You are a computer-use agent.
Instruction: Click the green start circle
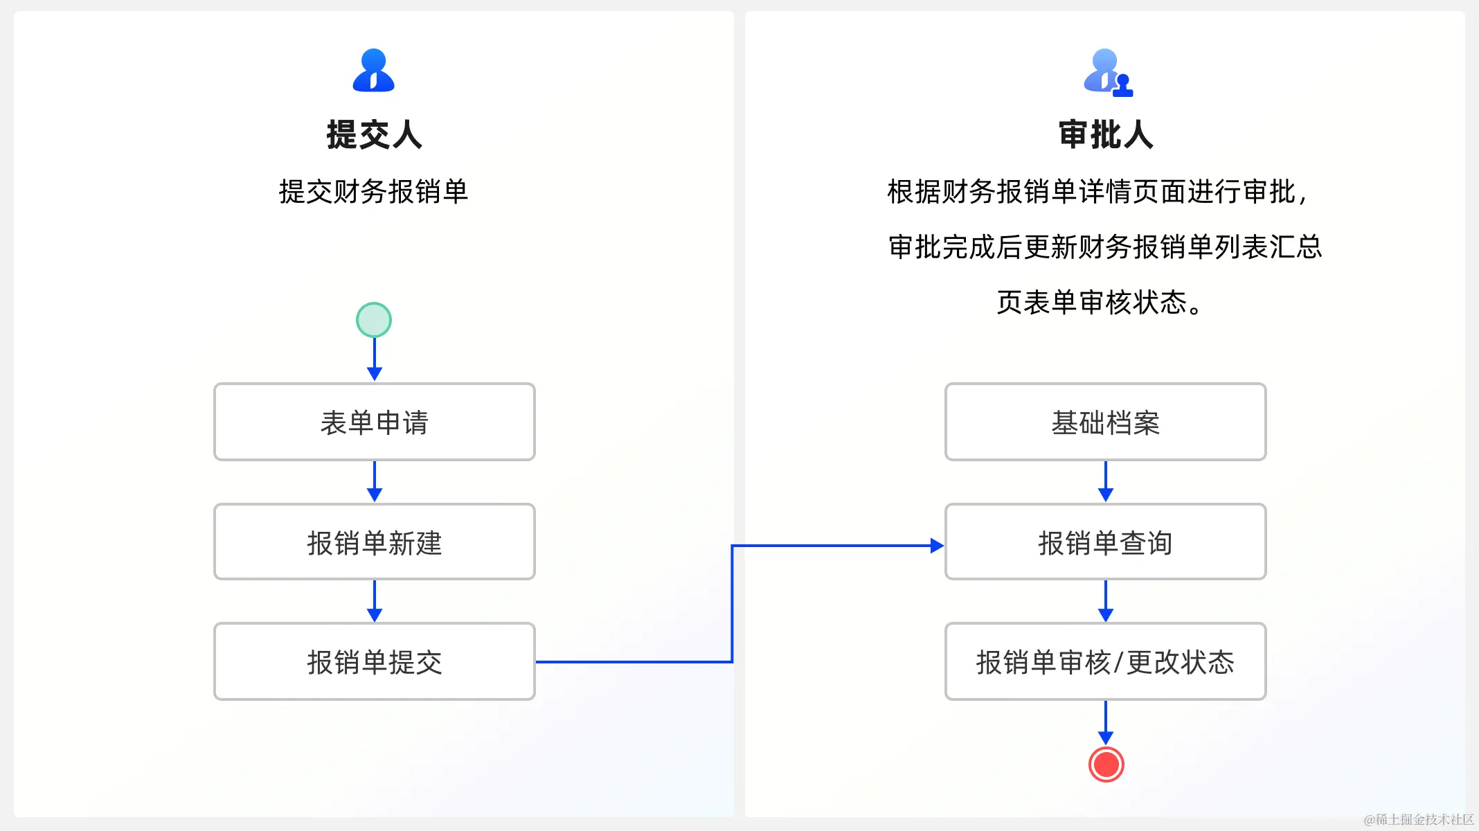pos(374,320)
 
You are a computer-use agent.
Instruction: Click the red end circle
pos(1106,765)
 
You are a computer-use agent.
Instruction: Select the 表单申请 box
pos(374,422)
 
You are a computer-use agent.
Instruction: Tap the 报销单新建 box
pos(374,542)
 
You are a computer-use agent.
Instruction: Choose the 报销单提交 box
pos(374,661)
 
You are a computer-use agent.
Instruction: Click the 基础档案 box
pos(1105,422)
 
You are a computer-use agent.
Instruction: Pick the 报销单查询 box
pos(1105,542)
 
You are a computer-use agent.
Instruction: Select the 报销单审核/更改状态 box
pos(1105,661)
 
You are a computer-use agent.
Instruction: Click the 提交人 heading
pos(374,134)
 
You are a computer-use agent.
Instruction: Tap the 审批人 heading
pos(1106,134)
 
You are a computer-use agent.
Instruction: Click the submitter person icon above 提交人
pos(374,71)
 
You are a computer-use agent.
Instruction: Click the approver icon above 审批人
pos(1107,72)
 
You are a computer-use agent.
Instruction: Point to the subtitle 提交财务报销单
pos(374,192)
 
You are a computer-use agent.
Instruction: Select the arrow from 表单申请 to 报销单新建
pos(375,482)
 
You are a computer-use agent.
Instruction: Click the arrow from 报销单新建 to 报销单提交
pos(375,601)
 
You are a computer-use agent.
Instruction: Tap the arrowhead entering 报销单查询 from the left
pos(936,546)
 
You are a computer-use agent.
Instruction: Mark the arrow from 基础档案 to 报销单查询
pos(1106,482)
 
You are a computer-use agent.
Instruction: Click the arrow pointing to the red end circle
pos(1106,723)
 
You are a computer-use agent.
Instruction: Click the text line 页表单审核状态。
pos(1100,303)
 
